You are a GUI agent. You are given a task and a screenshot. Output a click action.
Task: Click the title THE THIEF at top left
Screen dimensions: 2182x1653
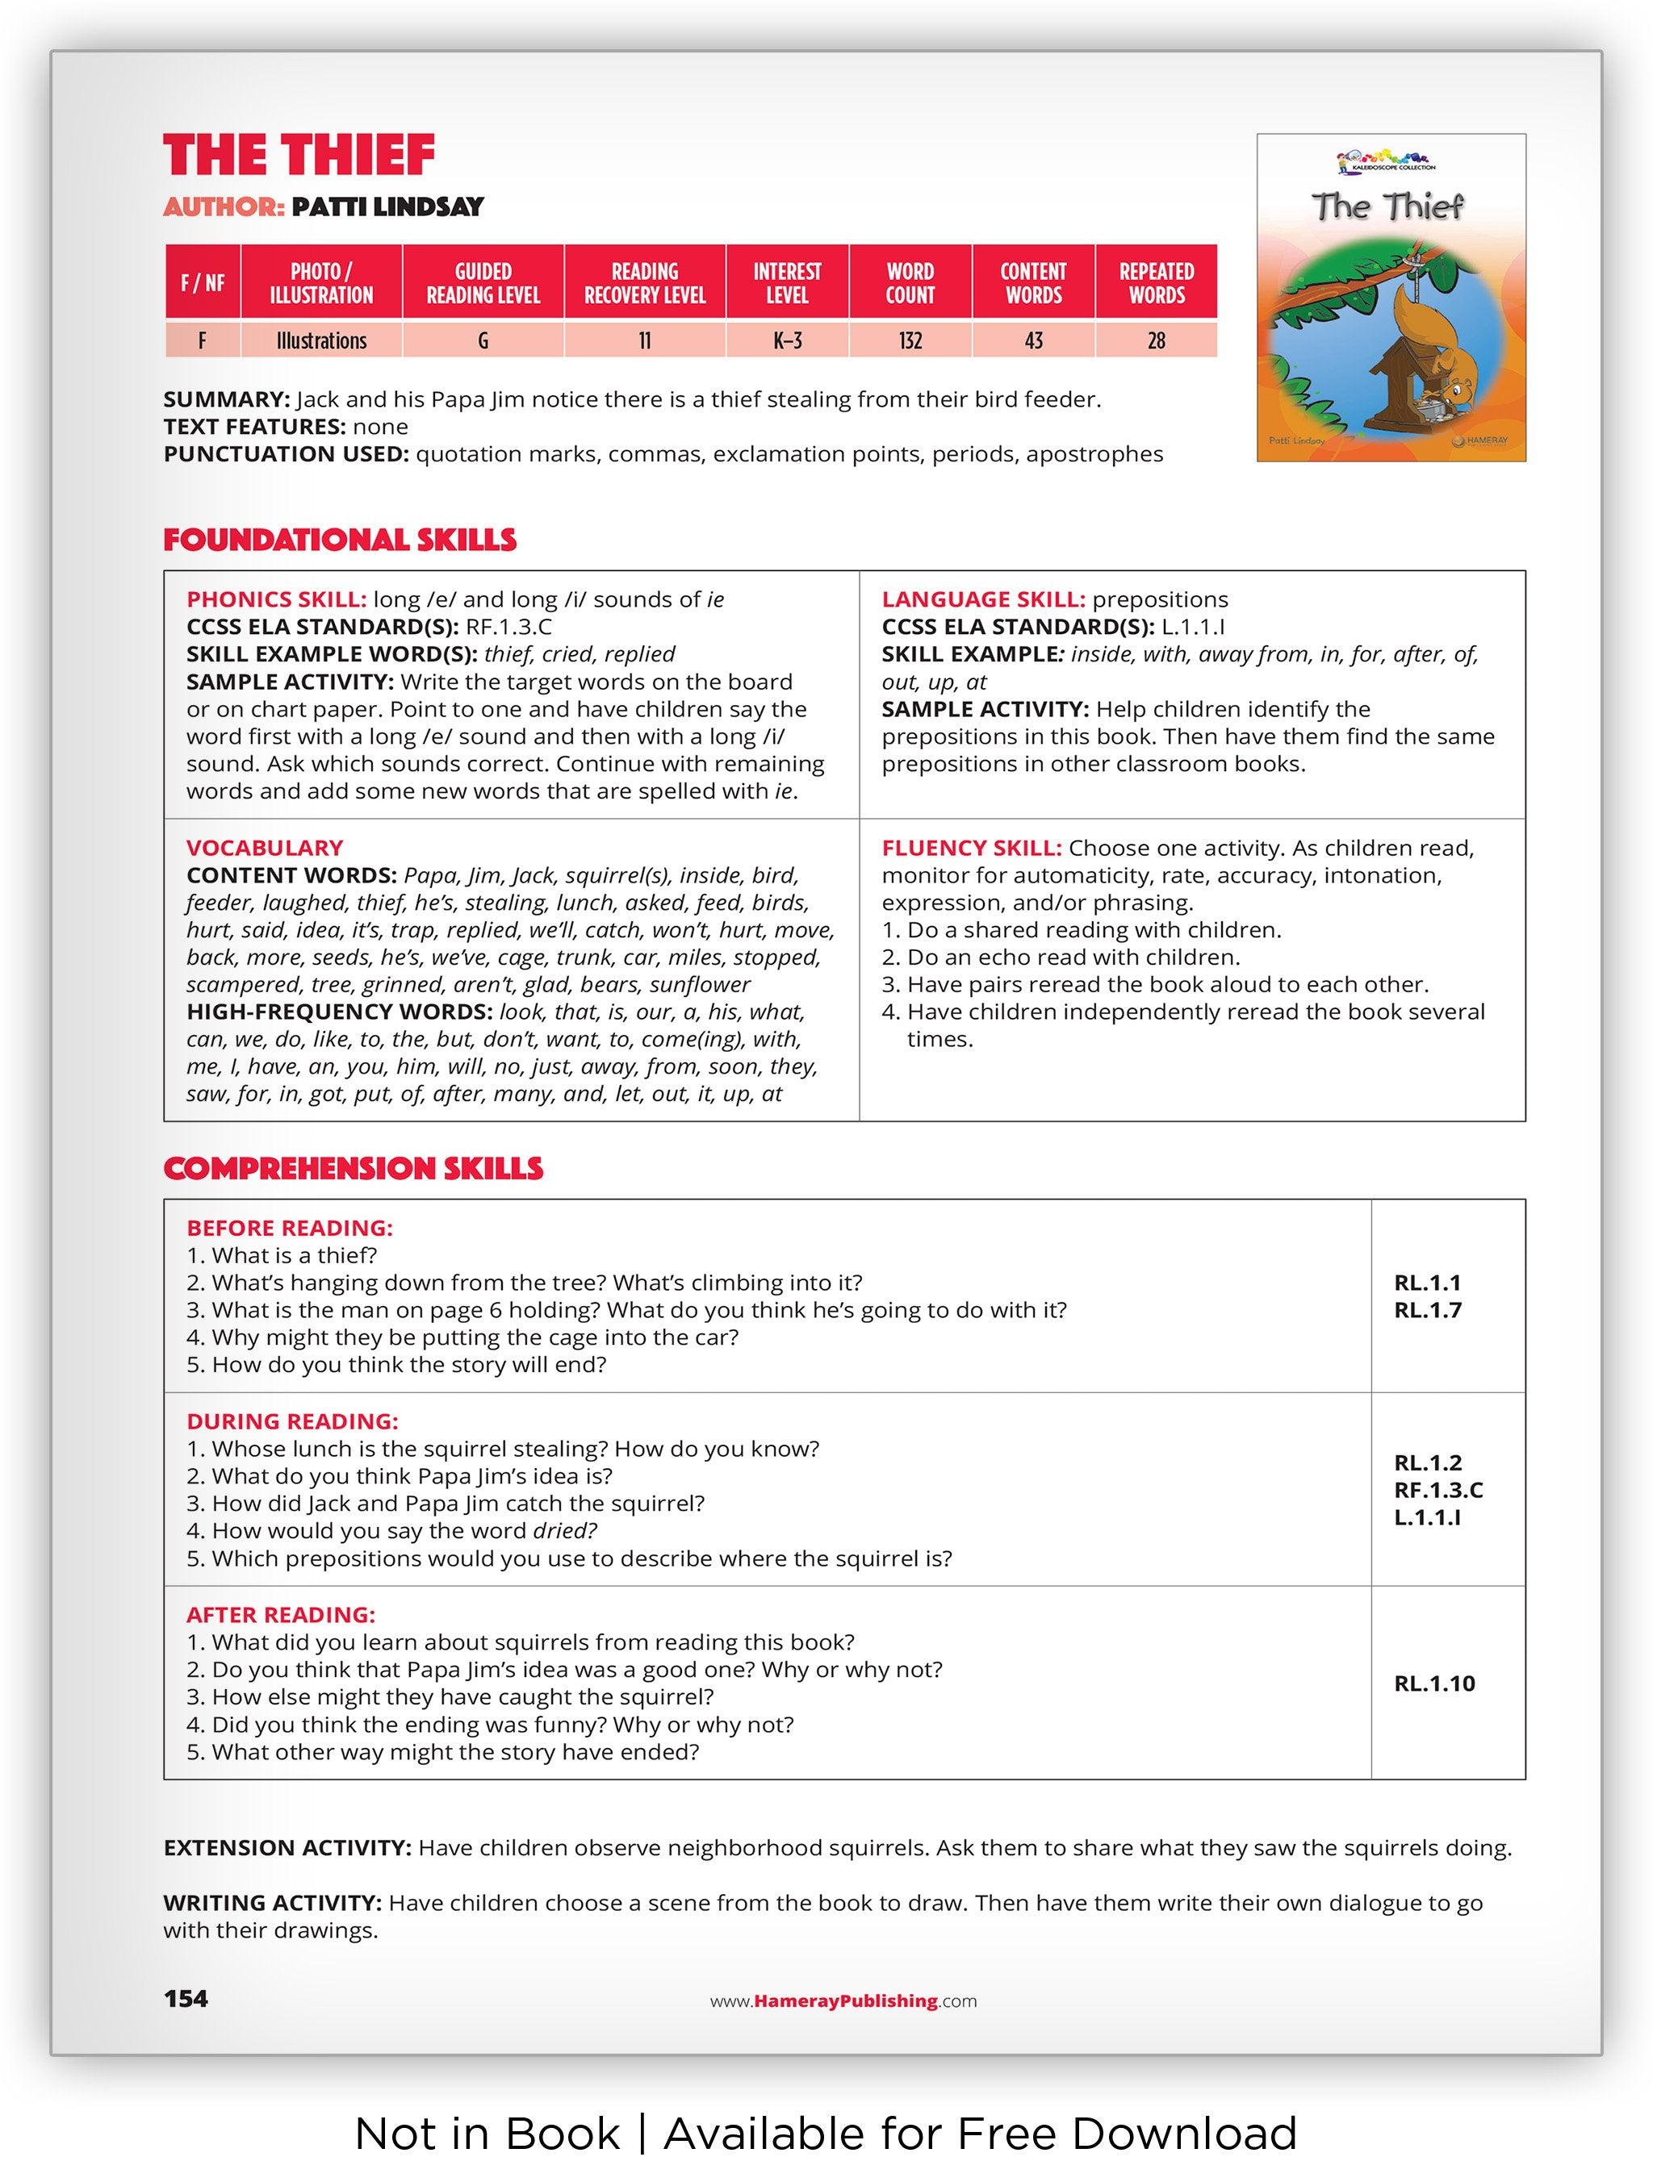299,156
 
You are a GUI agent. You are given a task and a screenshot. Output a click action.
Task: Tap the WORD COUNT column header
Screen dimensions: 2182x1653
909,283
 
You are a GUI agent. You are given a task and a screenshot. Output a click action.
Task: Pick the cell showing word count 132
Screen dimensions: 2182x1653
909,341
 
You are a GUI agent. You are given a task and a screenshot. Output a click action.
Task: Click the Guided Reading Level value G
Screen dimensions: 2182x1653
483,341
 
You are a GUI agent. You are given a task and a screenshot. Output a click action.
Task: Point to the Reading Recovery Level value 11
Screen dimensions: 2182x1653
644,341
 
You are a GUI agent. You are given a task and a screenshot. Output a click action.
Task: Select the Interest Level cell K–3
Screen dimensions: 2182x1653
786,341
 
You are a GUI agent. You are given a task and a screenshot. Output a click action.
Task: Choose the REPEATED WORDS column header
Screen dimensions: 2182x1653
1156,283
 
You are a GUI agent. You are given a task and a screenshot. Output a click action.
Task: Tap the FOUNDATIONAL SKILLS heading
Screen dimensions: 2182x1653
340,540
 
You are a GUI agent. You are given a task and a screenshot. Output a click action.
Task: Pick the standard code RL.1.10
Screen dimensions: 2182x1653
1434,1683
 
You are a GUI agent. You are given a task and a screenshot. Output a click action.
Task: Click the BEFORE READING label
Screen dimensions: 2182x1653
289,1228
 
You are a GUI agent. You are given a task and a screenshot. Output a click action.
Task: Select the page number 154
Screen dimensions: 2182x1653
186,2000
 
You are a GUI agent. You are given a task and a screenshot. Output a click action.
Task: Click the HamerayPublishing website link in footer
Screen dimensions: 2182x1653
843,2001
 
